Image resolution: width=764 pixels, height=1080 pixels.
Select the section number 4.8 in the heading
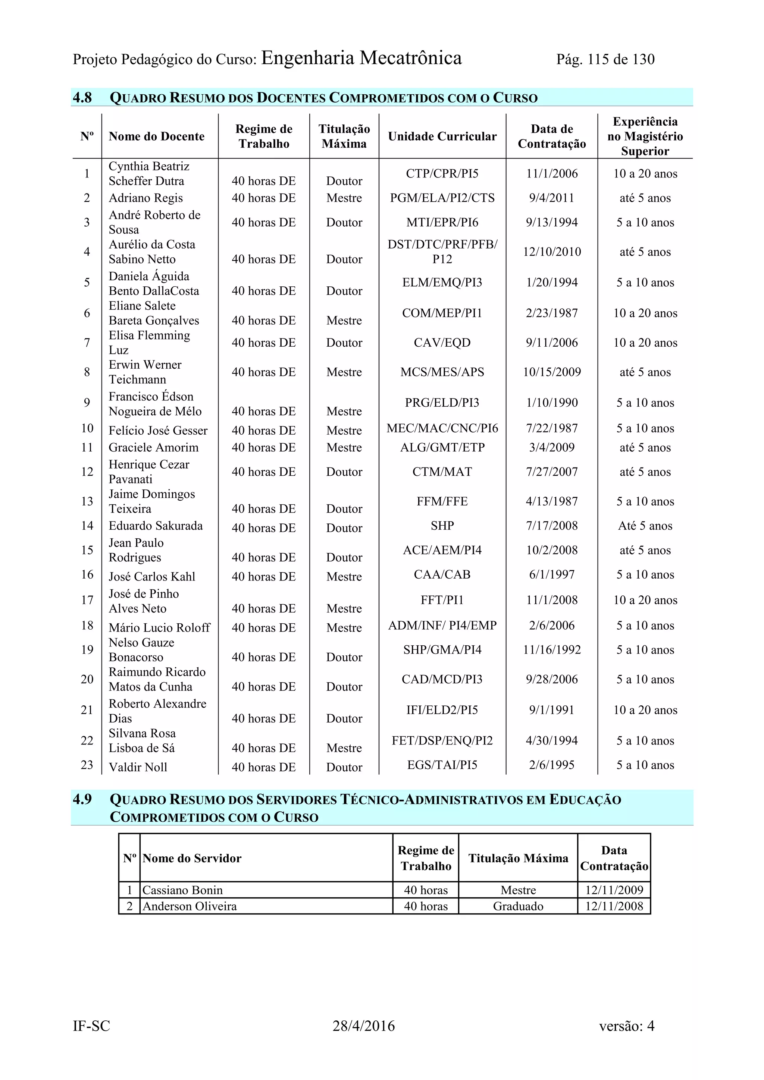(82, 97)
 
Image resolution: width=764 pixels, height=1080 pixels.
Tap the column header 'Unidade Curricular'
(442, 136)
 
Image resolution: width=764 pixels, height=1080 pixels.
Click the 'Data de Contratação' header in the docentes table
(552, 136)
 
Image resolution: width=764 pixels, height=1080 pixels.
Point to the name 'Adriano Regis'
(145, 198)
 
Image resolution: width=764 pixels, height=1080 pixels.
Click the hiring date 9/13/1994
(552, 223)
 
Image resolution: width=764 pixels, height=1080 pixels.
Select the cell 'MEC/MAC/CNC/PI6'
(442, 428)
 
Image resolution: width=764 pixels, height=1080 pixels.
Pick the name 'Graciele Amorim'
(153, 447)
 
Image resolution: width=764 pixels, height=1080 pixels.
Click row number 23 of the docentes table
(87, 765)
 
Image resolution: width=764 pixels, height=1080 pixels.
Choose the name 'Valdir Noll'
(138, 767)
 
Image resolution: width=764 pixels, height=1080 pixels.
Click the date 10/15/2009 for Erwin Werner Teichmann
(552, 372)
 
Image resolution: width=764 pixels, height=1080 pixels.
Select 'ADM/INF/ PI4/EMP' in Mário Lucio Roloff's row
(442, 626)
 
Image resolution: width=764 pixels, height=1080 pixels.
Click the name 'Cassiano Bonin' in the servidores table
(183, 890)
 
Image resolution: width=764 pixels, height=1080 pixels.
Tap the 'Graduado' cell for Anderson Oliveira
(518, 906)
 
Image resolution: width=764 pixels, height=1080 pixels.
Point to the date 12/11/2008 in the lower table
(614, 906)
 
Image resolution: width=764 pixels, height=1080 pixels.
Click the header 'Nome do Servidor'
(192, 859)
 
